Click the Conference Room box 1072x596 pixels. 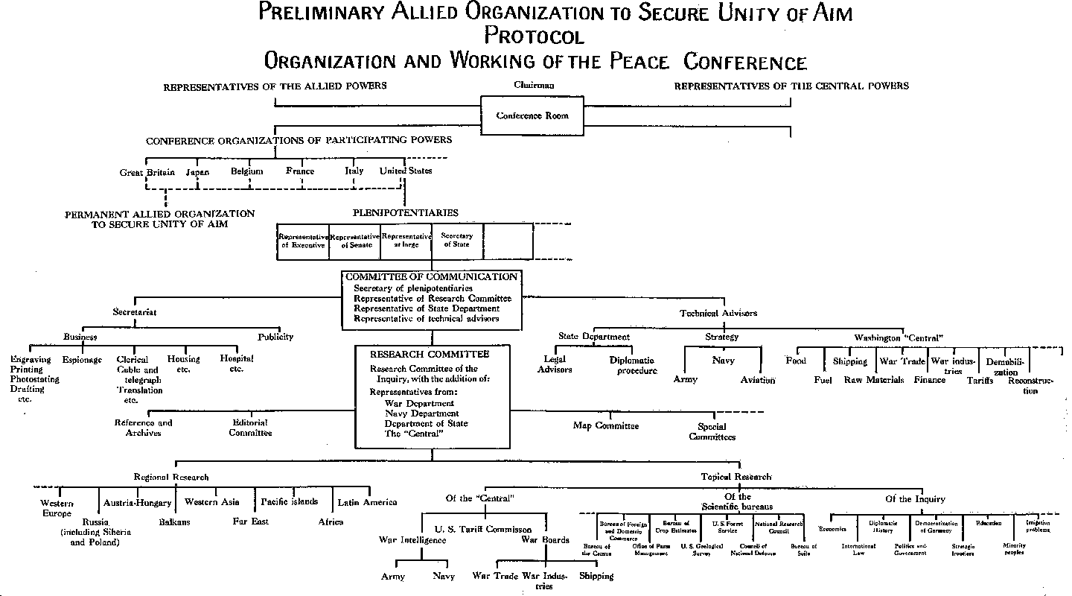click(x=532, y=116)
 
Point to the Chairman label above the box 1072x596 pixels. click(x=534, y=85)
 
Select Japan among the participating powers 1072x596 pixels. click(x=197, y=172)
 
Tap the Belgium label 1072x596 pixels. click(x=247, y=171)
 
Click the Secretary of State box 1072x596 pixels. click(x=457, y=241)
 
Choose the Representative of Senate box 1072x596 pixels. click(x=354, y=241)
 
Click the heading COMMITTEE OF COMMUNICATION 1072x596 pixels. click(x=431, y=277)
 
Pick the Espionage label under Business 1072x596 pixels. click(x=83, y=360)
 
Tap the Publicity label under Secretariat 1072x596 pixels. click(x=275, y=337)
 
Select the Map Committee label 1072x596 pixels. click(x=606, y=426)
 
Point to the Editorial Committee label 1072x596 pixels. click(x=250, y=428)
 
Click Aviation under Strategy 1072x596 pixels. click(x=758, y=380)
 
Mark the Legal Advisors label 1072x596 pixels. click(x=555, y=364)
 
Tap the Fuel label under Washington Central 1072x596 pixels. click(x=823, y=380)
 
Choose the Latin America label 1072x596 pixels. click(x=368, y=502)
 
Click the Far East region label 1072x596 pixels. click(x=251, y=521)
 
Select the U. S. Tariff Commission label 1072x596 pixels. click(x=483, y=530)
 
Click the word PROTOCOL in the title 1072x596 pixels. click(x=534, y=36)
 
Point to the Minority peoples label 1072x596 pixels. click(x=1014, y=549)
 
